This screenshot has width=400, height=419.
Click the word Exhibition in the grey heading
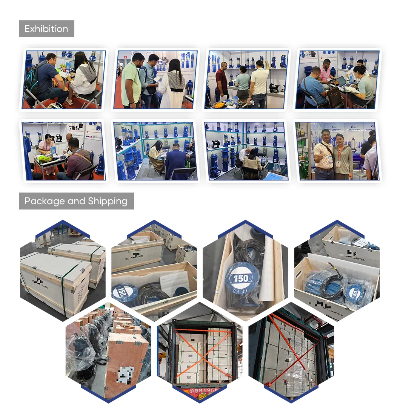pos(46,29)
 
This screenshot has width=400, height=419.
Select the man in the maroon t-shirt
pos(222,81)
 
